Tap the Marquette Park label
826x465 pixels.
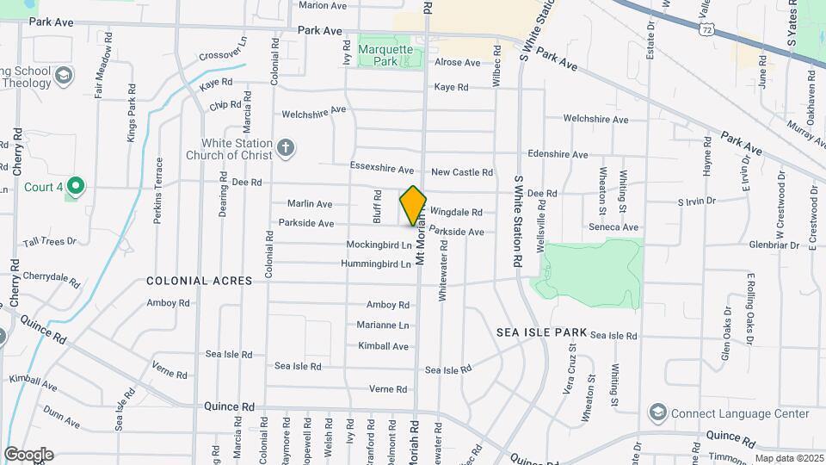coord(385,54)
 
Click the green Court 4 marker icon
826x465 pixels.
coord(76,186)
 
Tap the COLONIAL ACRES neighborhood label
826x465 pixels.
coord(199,281)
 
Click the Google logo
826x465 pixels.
coord(28,455)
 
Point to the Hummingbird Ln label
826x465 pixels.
coord(376,263)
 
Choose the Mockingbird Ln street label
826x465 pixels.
coord(379,245)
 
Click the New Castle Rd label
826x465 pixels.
coord(462,172)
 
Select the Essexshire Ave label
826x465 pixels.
coord(382,168)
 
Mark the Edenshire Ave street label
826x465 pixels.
coord(557,154)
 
